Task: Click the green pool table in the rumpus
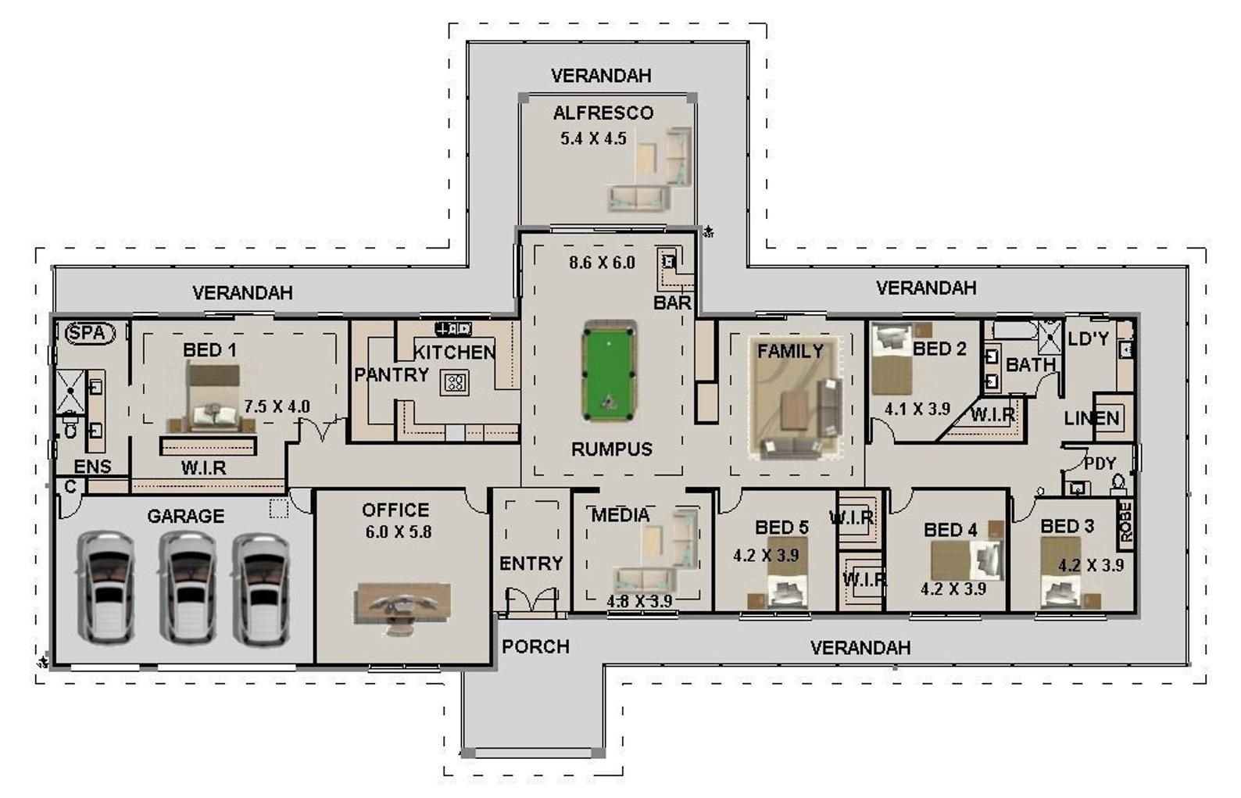point(609,370)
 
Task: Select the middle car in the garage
point(187,588)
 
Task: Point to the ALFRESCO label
point(603,113)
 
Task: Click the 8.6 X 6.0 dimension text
point(602,263)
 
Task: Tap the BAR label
point(673,302)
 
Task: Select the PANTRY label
point(392,375)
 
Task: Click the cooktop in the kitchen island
point(454,382)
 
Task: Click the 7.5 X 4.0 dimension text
point(277,406)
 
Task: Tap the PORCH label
point(536,646)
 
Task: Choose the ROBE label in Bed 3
point(1126,522)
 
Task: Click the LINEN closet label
point(1092,418)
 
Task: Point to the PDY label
point(1100,463)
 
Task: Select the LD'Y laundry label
point(1088,338)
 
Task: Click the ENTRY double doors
point(531,600)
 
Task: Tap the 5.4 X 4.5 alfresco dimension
point(593,138)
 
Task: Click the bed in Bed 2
point(892,359)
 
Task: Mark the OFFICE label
point(395,510)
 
